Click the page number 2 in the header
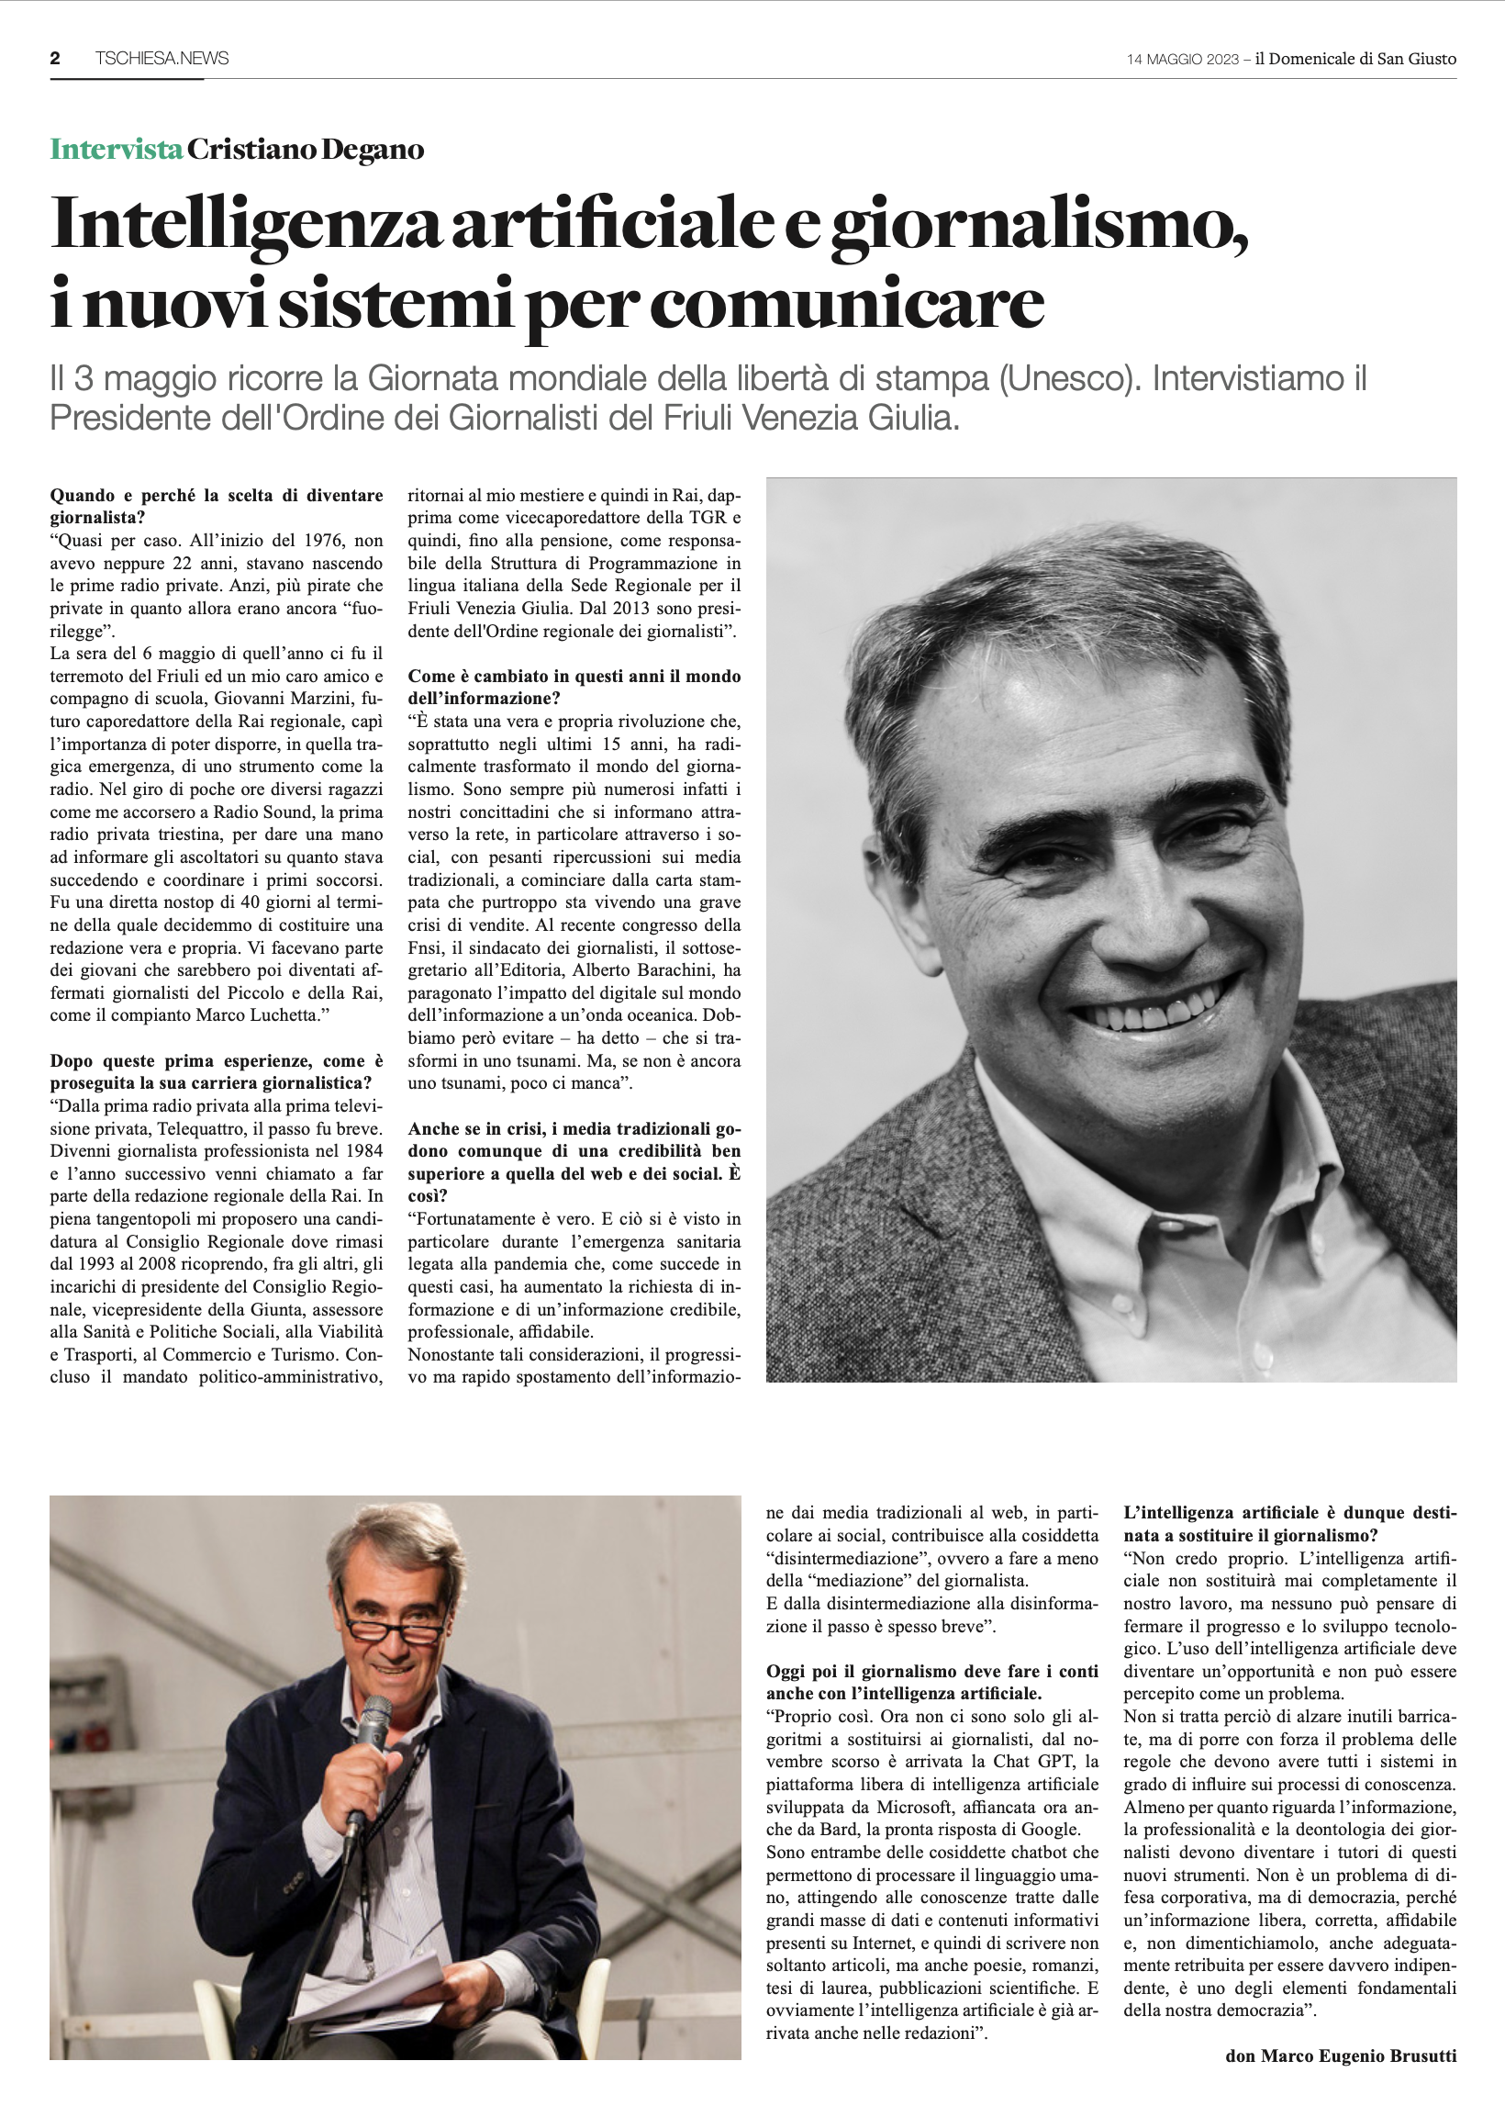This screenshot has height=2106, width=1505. click(x=55, y=59)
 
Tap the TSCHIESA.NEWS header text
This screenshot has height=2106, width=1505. click(x=162, y=59)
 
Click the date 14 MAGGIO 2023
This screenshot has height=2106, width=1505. click(x=1182, y=60)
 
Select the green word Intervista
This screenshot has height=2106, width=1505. click(x=116, y=150)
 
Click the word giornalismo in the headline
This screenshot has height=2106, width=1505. click(x=1038, y=224)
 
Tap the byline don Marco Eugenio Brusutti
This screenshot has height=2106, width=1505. click(x=1340, y=2056)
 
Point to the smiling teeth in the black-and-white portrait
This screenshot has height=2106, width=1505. click(x=1158, y=1011)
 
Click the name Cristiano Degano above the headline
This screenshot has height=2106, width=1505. click(x=305, y=150)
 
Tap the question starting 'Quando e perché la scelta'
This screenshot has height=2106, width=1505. click(x=216, y=506)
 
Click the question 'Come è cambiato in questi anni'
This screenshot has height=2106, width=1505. click(x=574, y=687)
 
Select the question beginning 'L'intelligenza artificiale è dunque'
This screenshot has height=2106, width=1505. click(x=1289, y=1524)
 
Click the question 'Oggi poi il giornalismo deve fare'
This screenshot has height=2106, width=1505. click(x=931, y=1683)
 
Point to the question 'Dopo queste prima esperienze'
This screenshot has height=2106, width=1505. click(x=216, y=1071)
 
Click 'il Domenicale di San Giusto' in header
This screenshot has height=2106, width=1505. click(x=1354, y=60)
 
